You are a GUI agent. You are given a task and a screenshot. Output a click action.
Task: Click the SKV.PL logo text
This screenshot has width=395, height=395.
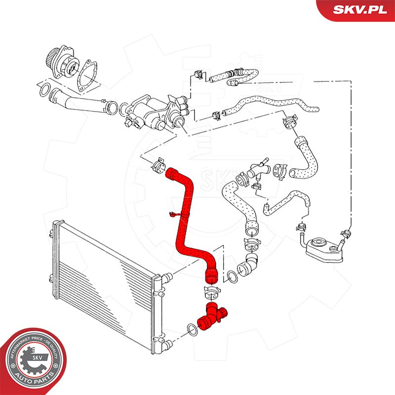point(360,9)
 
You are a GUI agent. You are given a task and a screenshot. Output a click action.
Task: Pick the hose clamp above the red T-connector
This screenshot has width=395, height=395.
point(212,292)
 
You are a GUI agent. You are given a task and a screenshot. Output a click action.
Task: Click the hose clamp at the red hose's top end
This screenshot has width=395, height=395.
point(158,165)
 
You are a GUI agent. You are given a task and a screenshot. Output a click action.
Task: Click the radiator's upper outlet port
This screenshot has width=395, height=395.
point(167,277)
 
